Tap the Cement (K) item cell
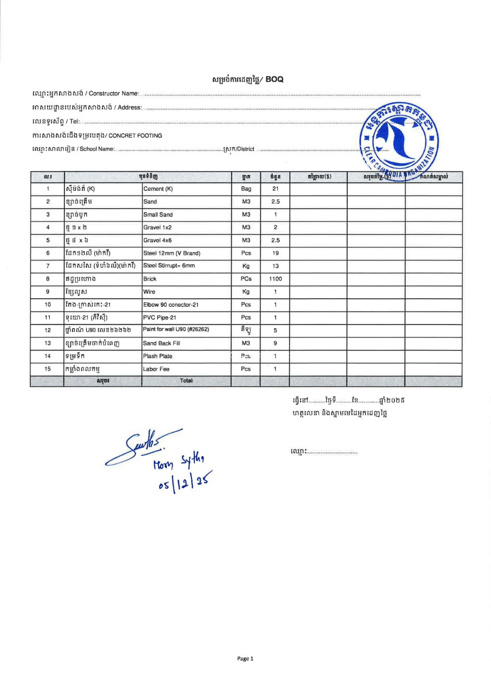click(158, 189)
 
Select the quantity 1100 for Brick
click(275, 279)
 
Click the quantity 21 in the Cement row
click(275, 189)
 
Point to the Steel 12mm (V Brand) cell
click(172, 253)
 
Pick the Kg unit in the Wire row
click(246, 292)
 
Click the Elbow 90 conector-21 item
click(171, 305)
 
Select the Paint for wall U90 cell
click(176, 330)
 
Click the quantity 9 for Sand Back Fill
click(275, 343)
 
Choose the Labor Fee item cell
click(156, 369)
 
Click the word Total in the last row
click(186, 381)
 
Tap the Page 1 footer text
click(245, 659)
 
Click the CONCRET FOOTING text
click(135, 136)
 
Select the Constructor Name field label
click(114, 94)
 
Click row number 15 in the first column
click(48, 369)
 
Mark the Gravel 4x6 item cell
click(157, 240)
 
